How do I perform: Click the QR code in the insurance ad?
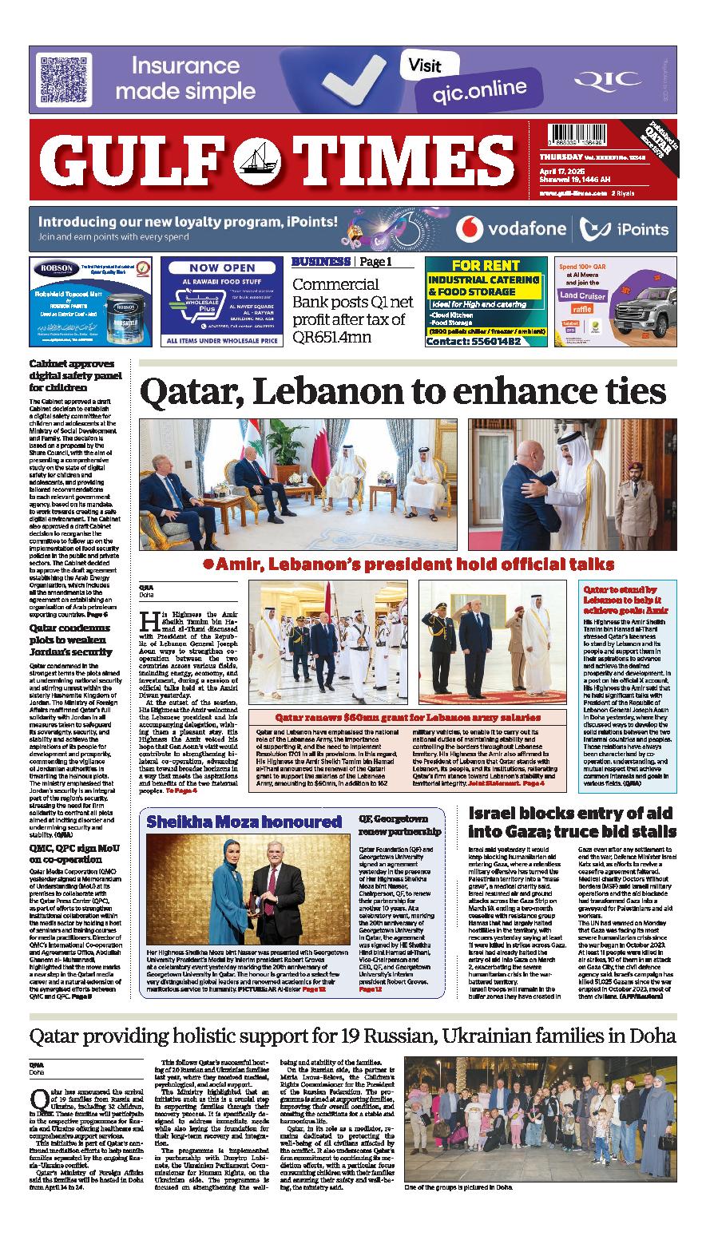[x=59, y=80]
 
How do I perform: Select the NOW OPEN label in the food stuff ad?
[x=221, y=268]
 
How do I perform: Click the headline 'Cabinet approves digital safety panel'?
[x=75, y=374]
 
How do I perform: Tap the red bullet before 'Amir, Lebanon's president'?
[x=207, y=564]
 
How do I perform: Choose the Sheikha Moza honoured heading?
[x=244, y=821]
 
